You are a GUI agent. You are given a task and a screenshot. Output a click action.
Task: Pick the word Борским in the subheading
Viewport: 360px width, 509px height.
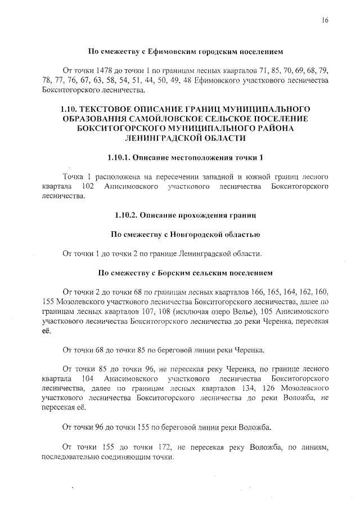173,273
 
